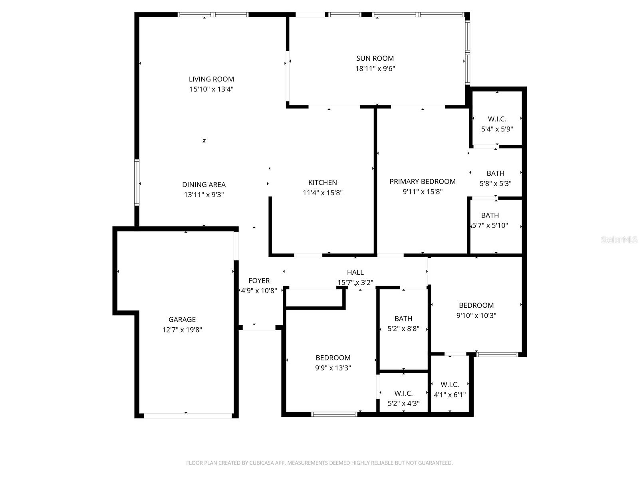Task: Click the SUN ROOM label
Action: [x=375, y=58]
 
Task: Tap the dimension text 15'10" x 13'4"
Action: [x=211, y=89]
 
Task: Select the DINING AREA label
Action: [x=204, y=184]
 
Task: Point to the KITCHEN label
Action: [x=322, y=182]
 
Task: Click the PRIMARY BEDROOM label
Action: [x=422, y=181]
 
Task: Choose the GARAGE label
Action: [x=182, y=319]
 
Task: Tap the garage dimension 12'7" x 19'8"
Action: [x=182, y=330]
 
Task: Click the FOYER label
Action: [x=259, y=281]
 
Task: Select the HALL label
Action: [x=355, y=272]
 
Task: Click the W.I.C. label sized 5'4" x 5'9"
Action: [x=497, y=119]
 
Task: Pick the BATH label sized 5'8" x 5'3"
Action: [x=495, y=173]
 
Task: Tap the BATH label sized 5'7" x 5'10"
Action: [x=490, y=215]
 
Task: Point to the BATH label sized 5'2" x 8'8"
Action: [x=403, y=319]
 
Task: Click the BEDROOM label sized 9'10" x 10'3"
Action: [x=476, y=305]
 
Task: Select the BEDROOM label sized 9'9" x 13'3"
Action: [x=333, y=358]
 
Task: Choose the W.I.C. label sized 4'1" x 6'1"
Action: [x=450, y=384]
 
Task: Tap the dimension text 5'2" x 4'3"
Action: [x=403, y=404]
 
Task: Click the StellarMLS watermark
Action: [x=619, y=240]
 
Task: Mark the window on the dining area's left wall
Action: [x=137, y=182]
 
